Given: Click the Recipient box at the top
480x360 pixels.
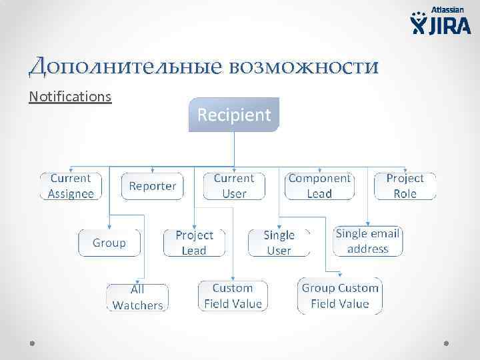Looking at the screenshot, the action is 234,115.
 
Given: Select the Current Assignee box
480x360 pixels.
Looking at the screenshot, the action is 71,186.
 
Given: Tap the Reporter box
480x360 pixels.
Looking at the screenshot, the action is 152,186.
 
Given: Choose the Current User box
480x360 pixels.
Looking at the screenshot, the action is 233,186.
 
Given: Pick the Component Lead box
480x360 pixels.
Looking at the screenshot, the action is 319,186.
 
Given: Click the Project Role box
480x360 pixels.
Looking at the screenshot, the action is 405,186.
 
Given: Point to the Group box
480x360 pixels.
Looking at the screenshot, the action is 109,243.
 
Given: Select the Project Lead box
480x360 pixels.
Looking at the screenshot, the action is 194,243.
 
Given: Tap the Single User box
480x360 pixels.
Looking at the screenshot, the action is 279,243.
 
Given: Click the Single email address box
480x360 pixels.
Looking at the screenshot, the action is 367,241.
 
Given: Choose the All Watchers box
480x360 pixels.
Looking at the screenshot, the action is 137,297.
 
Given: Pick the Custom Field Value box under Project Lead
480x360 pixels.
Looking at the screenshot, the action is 233,296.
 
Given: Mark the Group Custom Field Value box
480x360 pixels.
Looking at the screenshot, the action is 340,296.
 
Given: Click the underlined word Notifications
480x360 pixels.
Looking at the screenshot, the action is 70,97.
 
